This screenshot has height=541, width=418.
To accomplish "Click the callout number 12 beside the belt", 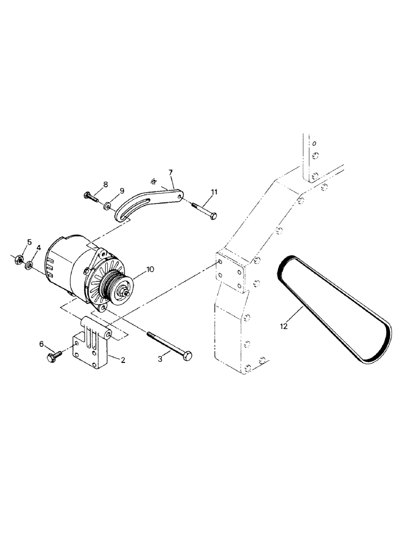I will point(284,326).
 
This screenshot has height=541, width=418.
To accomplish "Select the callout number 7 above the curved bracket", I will point(171,173).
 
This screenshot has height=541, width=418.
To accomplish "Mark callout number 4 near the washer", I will point(38,248).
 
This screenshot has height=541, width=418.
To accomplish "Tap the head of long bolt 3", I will point(187,354).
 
